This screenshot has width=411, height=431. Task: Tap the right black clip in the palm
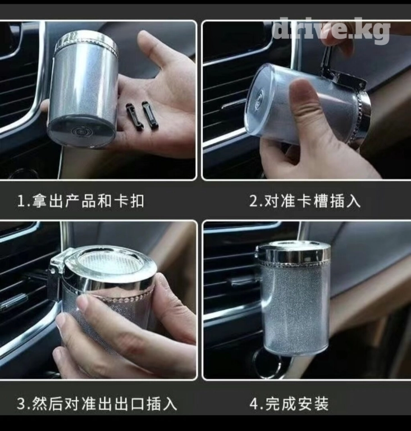pos(149,116)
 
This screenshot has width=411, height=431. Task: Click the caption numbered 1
pos(81,201)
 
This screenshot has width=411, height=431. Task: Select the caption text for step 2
pos(305,201)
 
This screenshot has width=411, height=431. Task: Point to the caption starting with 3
pos(97,404)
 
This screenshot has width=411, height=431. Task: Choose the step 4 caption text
pos(289,404)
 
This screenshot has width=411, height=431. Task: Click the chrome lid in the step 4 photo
pos(294,253)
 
